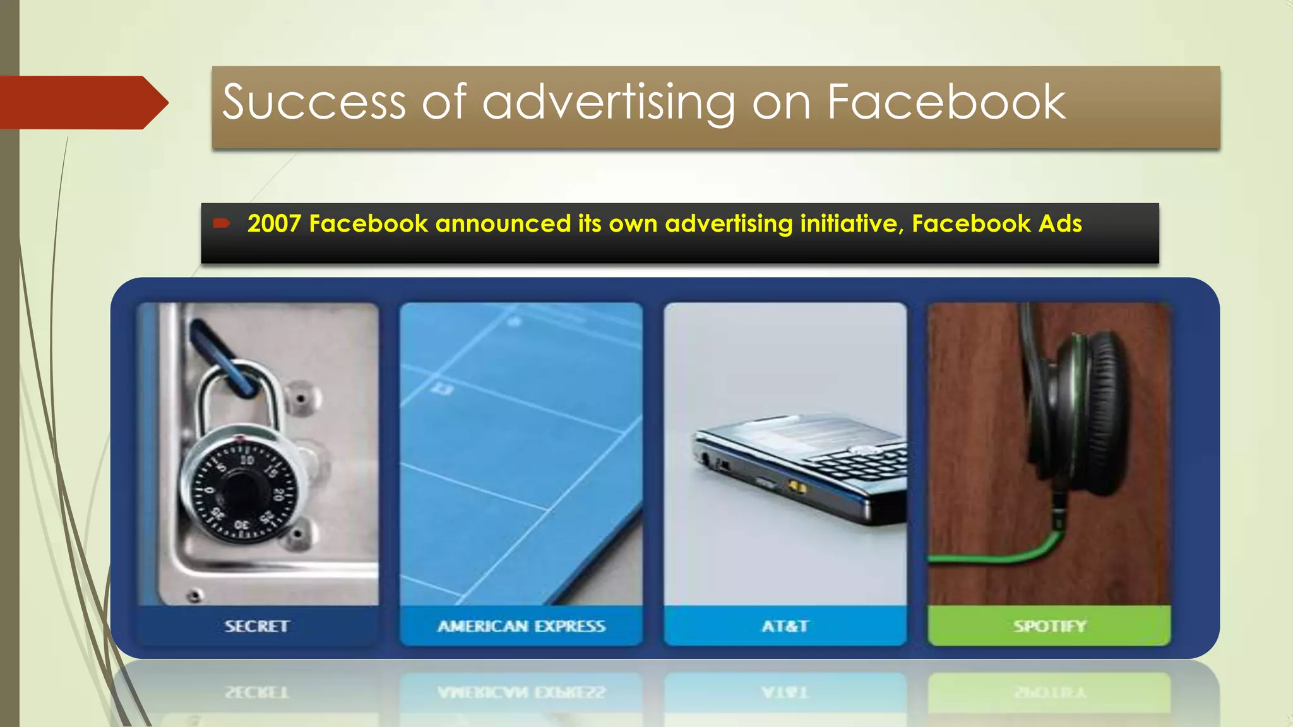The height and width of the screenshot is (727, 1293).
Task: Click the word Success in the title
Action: point(314,102)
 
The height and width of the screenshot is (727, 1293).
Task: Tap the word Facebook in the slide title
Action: point(946,102)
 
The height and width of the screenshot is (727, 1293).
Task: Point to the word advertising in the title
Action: point(609,102)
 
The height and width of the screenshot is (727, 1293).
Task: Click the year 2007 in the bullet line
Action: point(274,224)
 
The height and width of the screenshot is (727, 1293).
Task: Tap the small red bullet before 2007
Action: point(221,223)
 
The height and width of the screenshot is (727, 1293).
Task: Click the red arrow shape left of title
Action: point(82,102)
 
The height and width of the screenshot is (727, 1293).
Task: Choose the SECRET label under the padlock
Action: point(257,626)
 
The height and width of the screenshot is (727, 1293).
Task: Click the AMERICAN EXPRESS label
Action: point(521,626)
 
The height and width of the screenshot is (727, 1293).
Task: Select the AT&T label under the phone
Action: point(785,626)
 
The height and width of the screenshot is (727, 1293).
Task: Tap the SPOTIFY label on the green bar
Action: point(1049,626)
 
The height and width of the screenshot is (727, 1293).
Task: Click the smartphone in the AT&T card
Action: point(802,467)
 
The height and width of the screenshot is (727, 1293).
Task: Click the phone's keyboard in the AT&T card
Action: point(865,464)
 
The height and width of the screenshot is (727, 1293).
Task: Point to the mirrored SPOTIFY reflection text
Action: point(1049,692)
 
